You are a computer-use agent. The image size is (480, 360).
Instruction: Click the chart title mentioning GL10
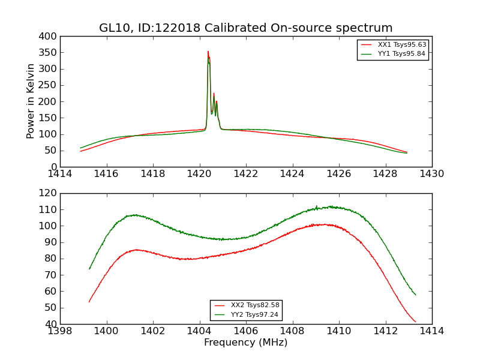pyautogui.click(x=245, y=28)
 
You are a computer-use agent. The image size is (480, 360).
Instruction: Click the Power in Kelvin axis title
pyautogui.click(x=31, y=101)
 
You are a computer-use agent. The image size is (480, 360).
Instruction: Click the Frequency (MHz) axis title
pyautogui.click(x=245, y=343)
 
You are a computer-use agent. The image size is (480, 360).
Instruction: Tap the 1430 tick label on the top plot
pyautogui.click(x=431, y=174)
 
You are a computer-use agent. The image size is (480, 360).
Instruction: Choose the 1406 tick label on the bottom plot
pyautogui.click(x=245, y=331)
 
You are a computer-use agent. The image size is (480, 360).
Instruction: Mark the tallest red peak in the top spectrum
pyautogui.click(x=208, y=52)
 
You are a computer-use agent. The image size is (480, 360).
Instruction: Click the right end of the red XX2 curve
pyautogui.click(x=415, y=322)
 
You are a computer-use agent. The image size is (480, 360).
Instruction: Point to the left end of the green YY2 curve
pyautogui.click(x=89, y=269)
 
